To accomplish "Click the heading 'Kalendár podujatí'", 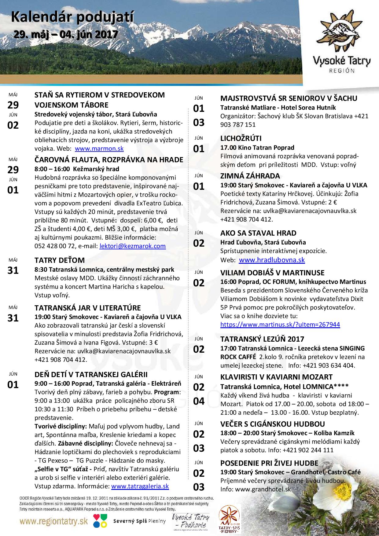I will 72,18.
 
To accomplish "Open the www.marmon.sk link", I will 99,149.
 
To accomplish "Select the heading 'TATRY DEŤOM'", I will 60,260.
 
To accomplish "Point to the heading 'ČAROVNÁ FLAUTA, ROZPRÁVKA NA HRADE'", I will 109,160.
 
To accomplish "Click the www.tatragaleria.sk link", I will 140,486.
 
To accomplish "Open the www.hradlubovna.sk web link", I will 272,260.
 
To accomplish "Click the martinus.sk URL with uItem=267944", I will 280,324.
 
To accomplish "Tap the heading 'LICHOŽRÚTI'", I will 241,138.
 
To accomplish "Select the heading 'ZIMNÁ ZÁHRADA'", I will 250,176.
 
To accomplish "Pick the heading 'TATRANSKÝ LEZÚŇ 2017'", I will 262,339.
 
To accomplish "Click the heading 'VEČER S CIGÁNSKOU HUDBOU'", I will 273,424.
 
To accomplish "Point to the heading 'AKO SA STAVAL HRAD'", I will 258,233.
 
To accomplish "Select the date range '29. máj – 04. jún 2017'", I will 66,34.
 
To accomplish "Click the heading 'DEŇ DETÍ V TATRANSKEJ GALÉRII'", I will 91,375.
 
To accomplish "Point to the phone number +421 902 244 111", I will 308,450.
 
